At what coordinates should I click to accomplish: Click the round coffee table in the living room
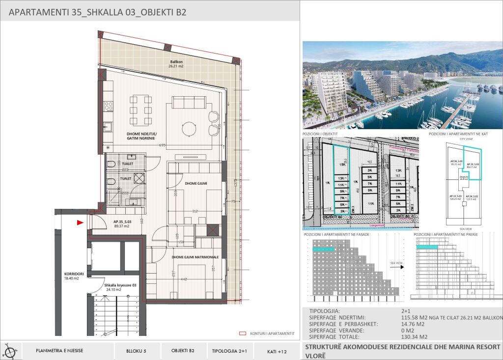point(190,129)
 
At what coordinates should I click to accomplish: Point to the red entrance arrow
point(80,222)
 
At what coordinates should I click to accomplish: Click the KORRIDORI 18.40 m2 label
point(71,276)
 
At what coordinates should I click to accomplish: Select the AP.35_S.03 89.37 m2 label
point(122,224)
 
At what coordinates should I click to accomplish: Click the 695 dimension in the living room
point(162,145)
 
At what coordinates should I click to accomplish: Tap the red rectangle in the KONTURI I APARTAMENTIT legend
point(243,333)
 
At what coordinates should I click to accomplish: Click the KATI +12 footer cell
point(277,351)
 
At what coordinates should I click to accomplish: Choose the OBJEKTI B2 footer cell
point(183,351)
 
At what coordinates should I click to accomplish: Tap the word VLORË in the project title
point(315,355)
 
